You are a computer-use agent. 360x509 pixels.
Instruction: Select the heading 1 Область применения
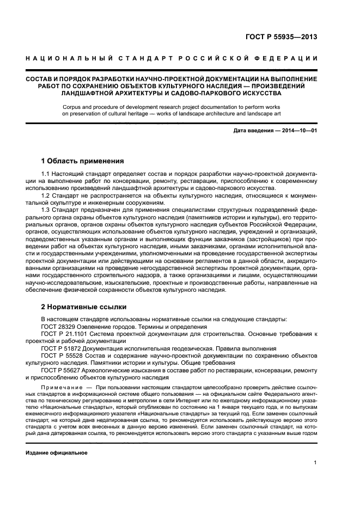83,161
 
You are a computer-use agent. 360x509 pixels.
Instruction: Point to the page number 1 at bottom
315,463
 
